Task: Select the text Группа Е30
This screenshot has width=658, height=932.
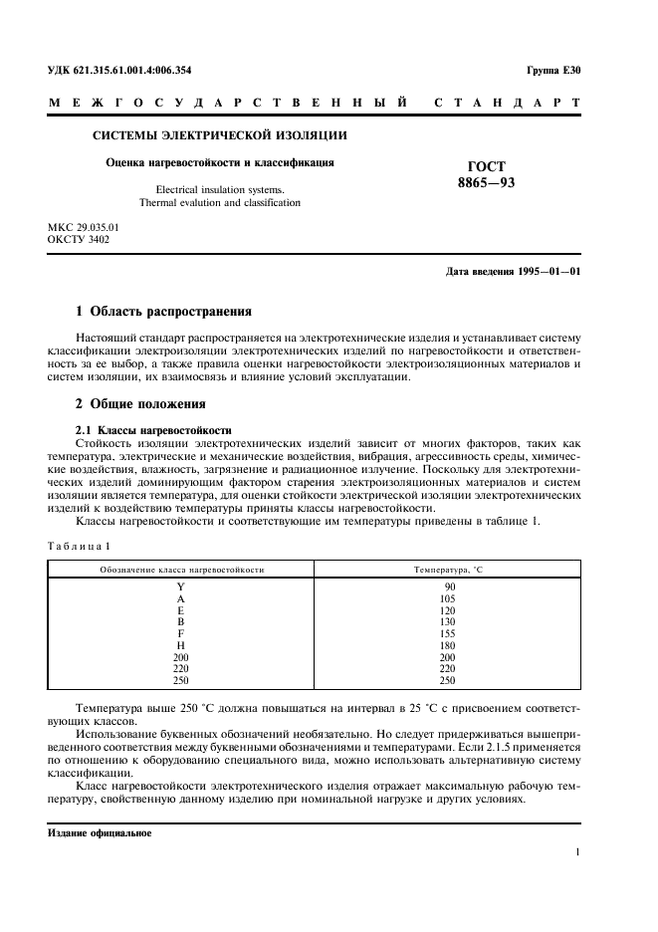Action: (x=552, y=70)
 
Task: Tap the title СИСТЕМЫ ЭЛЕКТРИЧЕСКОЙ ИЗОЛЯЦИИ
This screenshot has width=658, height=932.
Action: (x=220, y=135)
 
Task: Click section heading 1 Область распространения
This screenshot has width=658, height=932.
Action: (x=164, y=312)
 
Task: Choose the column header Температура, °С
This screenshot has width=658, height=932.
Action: (x=449, y=569)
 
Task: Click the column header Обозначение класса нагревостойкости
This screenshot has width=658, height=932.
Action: (x=181, y=569)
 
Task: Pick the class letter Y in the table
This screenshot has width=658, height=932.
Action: (x=180, y=586)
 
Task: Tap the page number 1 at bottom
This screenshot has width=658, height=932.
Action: (x=577, y=852)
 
